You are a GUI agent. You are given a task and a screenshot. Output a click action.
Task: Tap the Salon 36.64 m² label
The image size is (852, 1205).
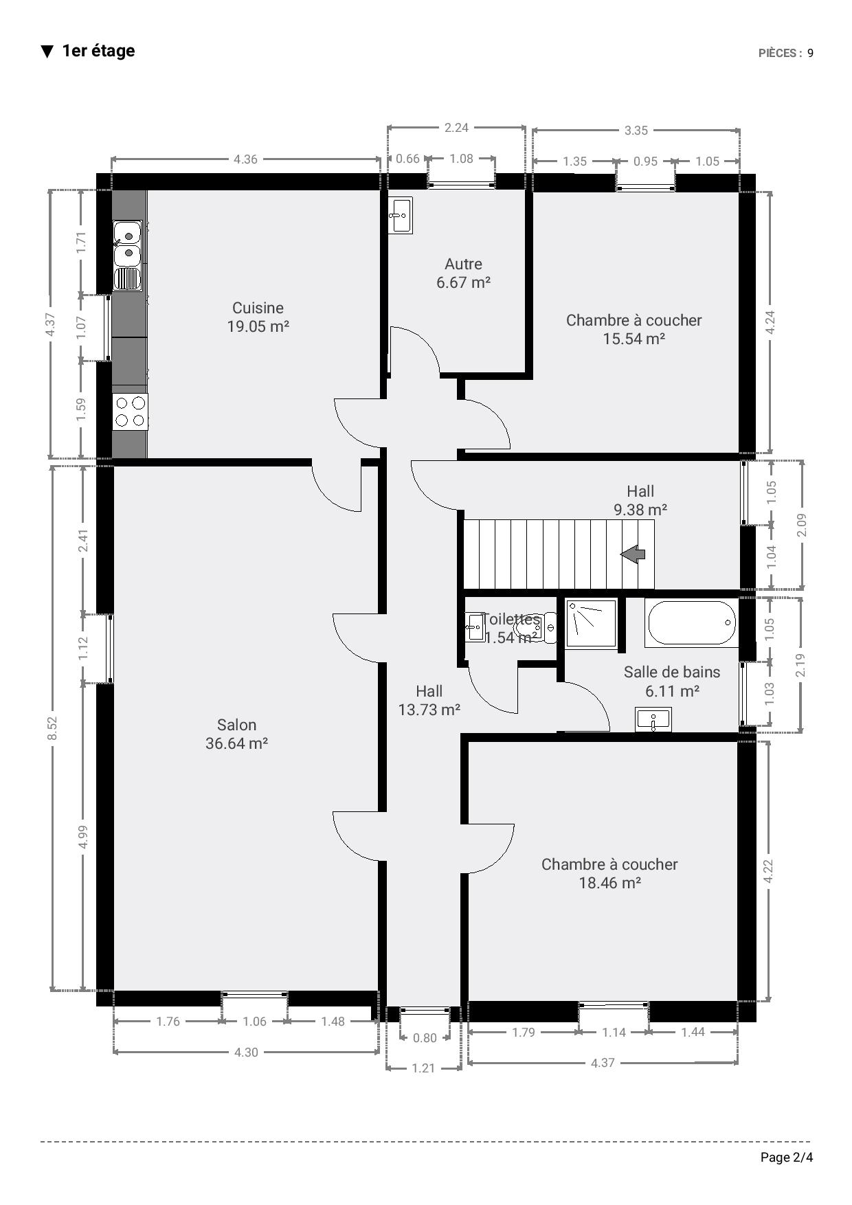(236, 734)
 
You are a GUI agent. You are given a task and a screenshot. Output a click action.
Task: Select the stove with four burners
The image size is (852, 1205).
(130, 412)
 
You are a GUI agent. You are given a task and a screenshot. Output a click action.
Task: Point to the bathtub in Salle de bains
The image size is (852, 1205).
(691, 622)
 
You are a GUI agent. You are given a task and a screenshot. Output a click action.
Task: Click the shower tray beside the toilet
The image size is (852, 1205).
(591, 622)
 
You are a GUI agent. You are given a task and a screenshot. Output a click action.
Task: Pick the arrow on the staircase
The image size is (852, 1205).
(633, 554)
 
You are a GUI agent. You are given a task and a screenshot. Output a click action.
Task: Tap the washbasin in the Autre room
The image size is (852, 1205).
(401, 215)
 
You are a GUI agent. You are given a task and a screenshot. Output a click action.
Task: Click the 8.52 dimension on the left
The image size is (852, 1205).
(52, 728)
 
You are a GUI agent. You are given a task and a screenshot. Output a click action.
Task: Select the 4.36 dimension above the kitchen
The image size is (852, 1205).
(245, 159)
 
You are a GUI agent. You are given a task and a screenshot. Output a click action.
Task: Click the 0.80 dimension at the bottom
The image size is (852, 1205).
(425, 1037)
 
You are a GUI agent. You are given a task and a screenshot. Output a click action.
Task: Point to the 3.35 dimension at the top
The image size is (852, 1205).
(636, 131)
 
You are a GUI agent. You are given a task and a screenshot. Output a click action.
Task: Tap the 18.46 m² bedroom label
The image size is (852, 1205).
(609, 873)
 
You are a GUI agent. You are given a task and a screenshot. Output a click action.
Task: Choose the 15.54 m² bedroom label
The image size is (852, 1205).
(634, 329)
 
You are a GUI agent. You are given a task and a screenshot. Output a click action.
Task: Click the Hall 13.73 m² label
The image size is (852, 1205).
(429, 700)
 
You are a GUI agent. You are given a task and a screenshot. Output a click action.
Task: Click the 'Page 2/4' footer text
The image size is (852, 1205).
(787, 1158)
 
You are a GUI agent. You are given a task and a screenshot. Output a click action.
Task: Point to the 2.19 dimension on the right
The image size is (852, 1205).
(800, 665)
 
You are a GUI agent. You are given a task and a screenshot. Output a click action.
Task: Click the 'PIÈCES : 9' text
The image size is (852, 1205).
(786, 53)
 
